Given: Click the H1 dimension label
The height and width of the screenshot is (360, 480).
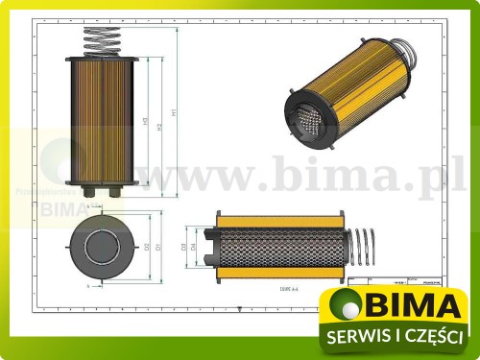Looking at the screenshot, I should [x=174, y=112].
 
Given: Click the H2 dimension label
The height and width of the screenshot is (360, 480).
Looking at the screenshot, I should [x=158, y=126].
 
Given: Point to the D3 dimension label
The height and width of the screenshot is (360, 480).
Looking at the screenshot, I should [x=183, y=247].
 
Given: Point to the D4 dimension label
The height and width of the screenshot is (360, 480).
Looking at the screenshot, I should [x=195, y=247].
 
